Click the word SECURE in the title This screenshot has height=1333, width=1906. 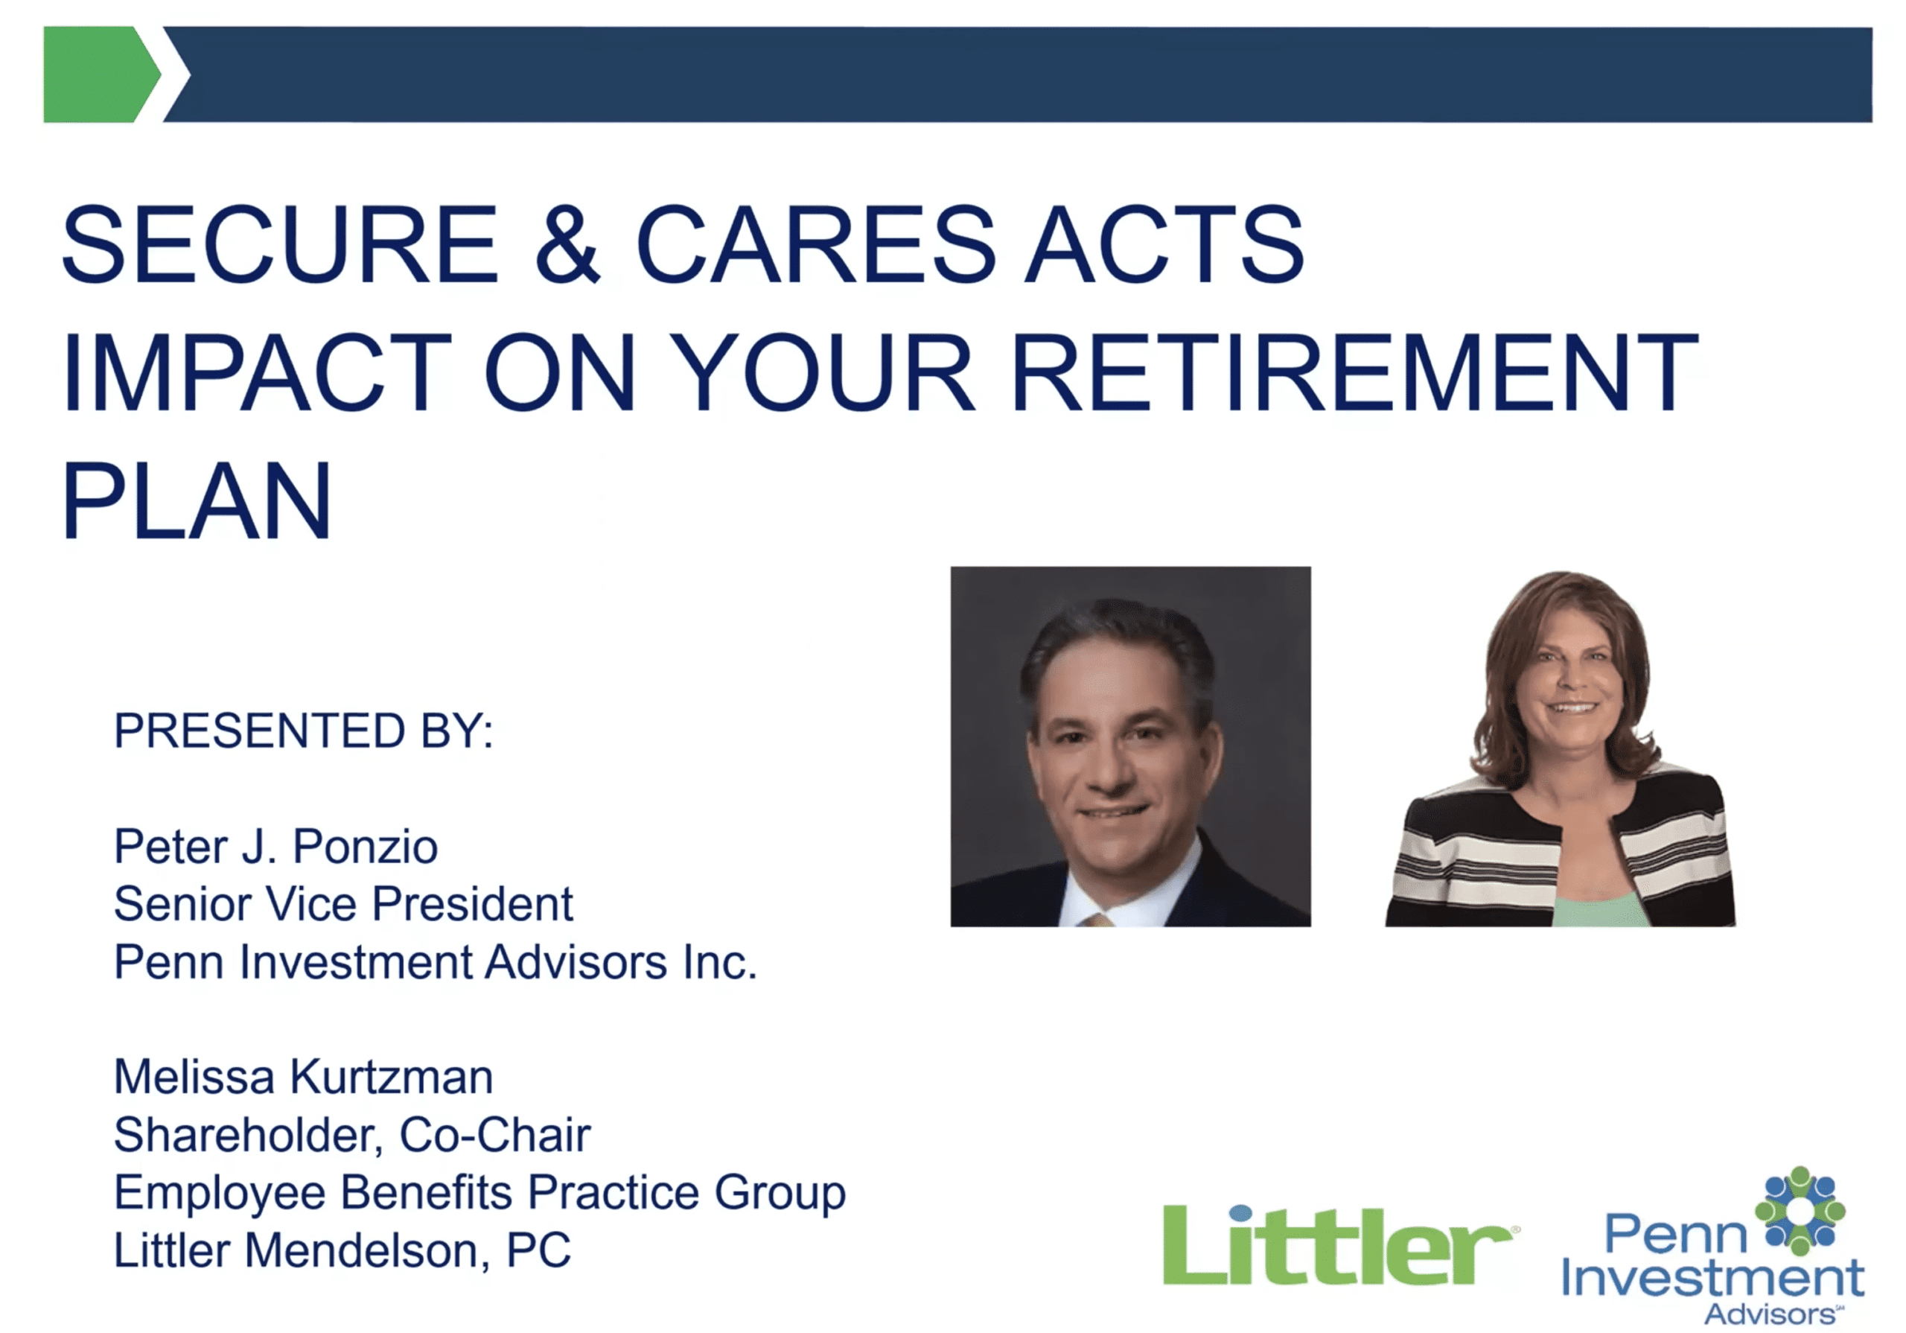click(x=281, y=244)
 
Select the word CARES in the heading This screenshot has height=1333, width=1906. click(x=815, y=244)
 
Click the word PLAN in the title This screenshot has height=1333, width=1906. click(x=197, y=501)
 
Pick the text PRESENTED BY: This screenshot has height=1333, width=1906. click(x=304, y=731)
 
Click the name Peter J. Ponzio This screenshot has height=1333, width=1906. click(x=275, y=846)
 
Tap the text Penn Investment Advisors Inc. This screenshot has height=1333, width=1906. click(x=436, y=961)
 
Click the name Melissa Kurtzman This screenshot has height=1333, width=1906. click(x=304, y=1077)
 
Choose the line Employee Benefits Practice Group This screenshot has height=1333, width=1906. click(x=479, y=1194)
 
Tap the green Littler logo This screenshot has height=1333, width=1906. click(x=1340, y=1244)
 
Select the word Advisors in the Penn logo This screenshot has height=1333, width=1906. click(x=1772, y=1314)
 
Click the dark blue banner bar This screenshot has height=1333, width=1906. click(x=1018, y=74)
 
